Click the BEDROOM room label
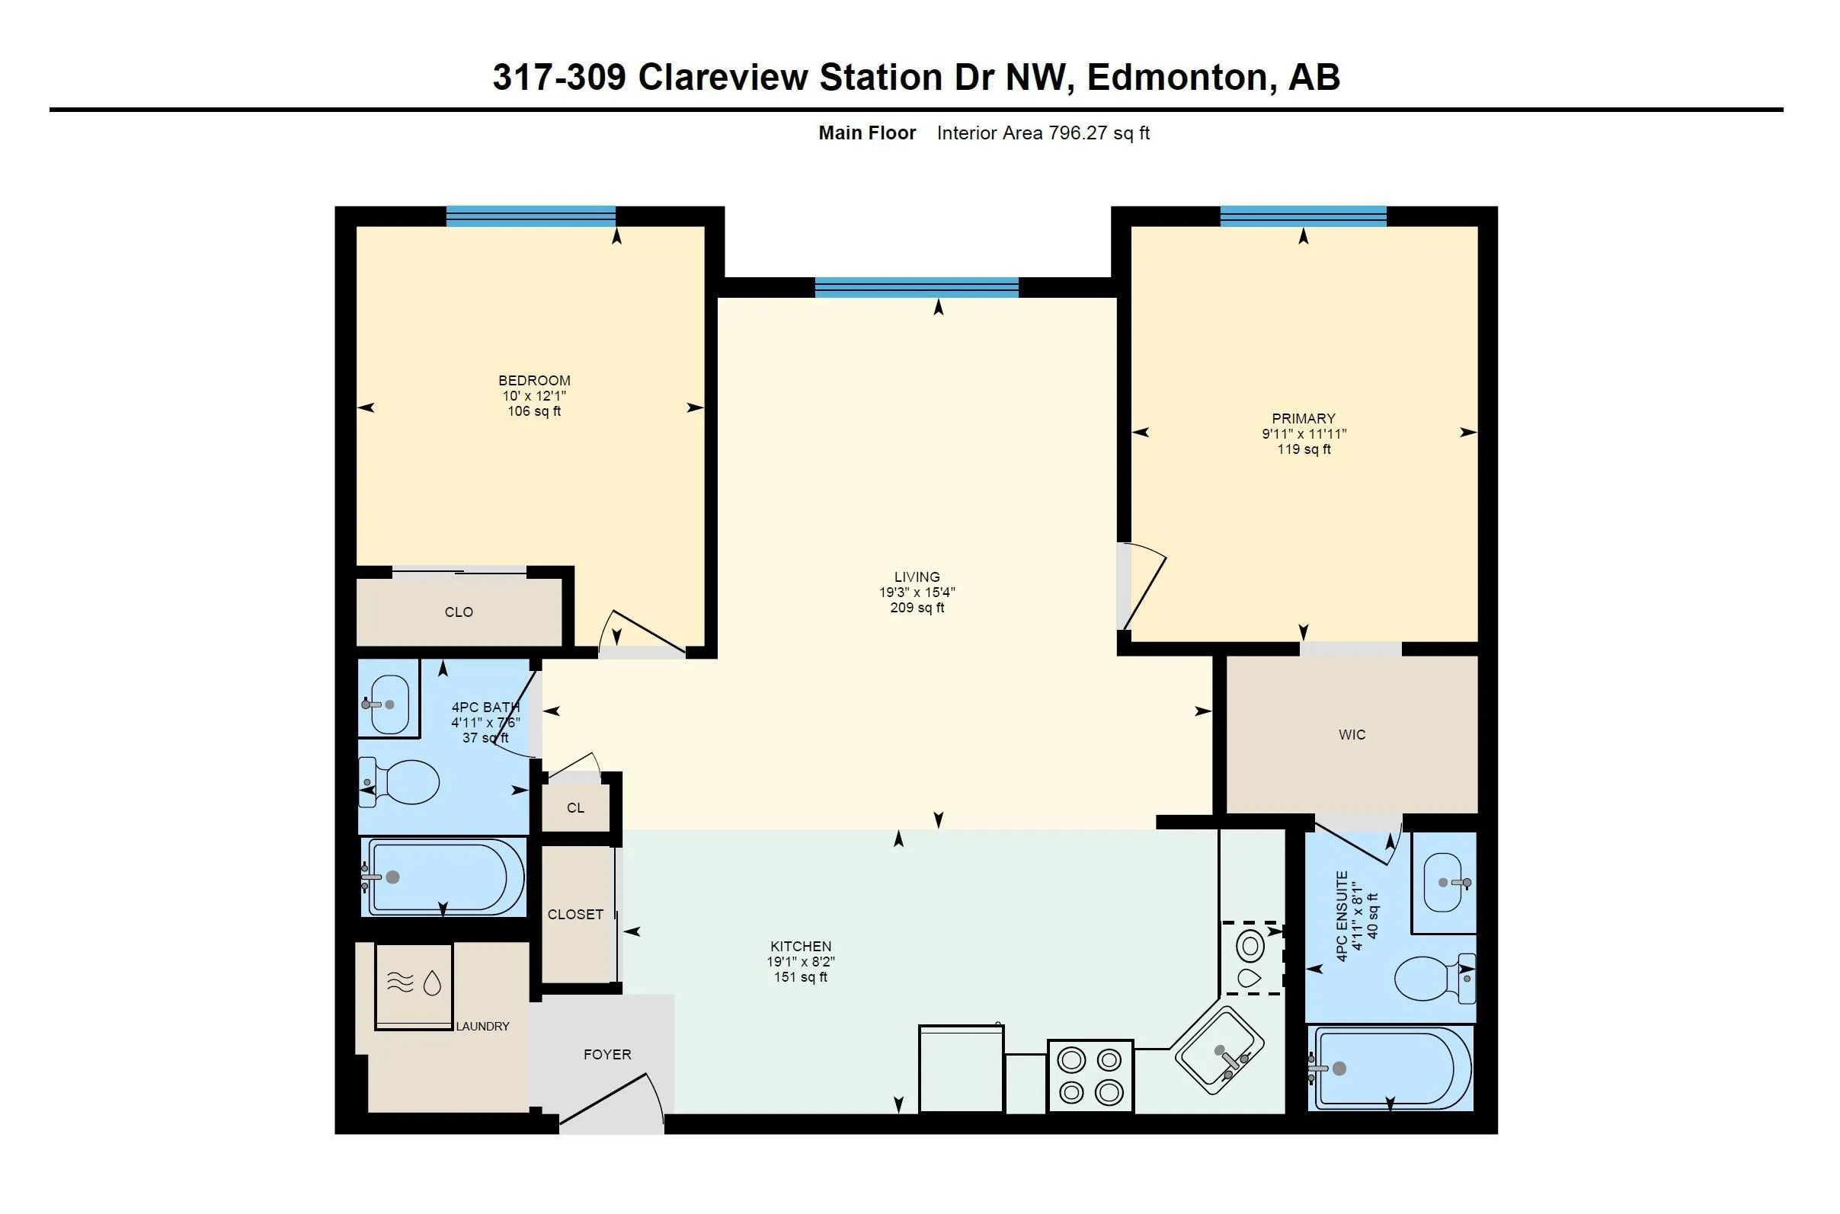(x=533, y=380)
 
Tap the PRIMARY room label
(x=1304, y=418)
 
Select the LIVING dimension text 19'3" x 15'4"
(x=917, y=593)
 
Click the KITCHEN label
(x=801, y=946)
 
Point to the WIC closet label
(x=1352, y=735)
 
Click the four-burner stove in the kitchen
(x=1090, y=1075)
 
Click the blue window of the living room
(x=916, y=287)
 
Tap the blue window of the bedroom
(x=530, y=216)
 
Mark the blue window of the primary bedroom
(x=1304, y=216)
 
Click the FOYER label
(x=607, y=1055)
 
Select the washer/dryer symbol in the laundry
(x=414, y=986)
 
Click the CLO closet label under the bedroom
(x=459, y=612)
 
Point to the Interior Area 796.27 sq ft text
(x=1042, y=133)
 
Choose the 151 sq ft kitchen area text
(x=801, y=977)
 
